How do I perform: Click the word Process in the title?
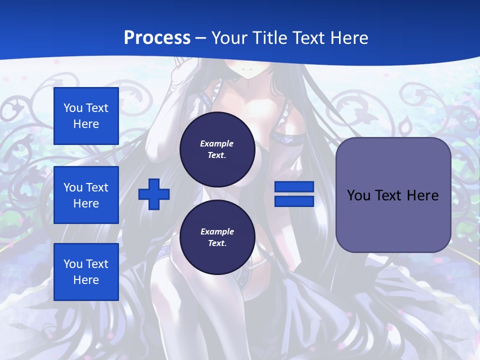[157, 38]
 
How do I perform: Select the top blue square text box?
[86, 116]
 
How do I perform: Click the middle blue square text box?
[86, 195]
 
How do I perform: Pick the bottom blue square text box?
[86, 272]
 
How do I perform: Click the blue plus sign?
[154, 194]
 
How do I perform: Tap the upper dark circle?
[217, 149]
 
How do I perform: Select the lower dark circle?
[217, 237]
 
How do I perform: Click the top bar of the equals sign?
[294, 187]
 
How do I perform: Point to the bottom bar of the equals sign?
[294, 201]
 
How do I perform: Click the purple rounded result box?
[393, 195]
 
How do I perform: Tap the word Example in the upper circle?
[217, 143]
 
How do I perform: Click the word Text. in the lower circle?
[217, 243]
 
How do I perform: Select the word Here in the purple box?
[422, 195]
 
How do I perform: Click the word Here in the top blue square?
[86, 124]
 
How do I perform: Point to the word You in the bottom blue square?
[73, 264]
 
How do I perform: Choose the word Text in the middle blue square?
[97, 187]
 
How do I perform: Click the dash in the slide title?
[201, 38]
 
